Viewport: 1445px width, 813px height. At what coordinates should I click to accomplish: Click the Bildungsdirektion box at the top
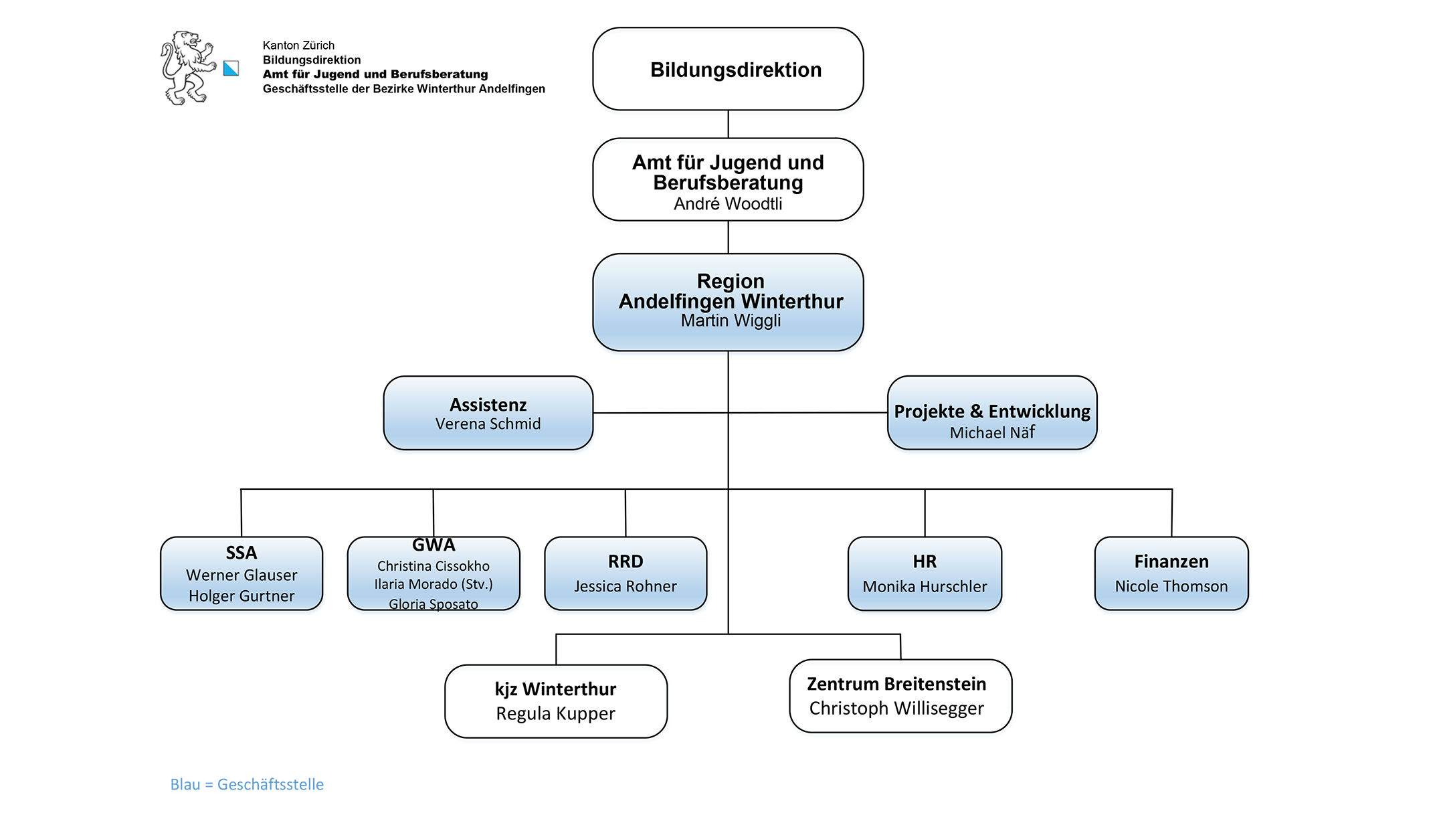[728, 69]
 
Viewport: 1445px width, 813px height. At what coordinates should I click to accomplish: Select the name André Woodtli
[728, 204]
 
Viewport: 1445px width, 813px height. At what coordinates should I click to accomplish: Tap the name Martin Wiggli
[731, 321]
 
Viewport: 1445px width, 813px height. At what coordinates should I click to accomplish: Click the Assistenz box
[488, 413]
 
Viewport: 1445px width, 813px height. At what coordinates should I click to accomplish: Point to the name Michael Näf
[992, 433]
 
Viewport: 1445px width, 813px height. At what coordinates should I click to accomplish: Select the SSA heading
[242, 553]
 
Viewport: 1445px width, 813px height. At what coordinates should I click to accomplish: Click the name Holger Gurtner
[242, 596]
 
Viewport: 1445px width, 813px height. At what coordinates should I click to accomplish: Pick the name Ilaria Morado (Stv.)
[433, 584]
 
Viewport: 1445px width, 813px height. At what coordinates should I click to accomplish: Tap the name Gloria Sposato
[433, 604]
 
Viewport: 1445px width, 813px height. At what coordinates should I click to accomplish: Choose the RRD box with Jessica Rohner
[625, 573]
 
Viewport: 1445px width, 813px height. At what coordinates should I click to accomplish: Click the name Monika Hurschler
[925, 587]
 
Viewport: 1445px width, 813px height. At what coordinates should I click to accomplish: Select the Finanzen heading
[1171, 561]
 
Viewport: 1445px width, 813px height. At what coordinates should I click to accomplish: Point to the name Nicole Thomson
[1171, 587]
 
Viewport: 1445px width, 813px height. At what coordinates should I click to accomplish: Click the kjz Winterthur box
[556, 701]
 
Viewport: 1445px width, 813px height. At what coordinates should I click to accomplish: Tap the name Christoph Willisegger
[896, 709]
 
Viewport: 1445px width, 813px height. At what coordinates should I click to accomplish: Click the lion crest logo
[187, 68]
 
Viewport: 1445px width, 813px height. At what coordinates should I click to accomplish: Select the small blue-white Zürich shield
[231, 68]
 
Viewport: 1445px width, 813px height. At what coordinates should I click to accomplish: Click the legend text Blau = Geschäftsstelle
[247, 784]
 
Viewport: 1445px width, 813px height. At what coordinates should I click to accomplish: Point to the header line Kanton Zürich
[298, 46]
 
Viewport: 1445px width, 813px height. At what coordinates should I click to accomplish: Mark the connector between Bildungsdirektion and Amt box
[728, 124]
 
